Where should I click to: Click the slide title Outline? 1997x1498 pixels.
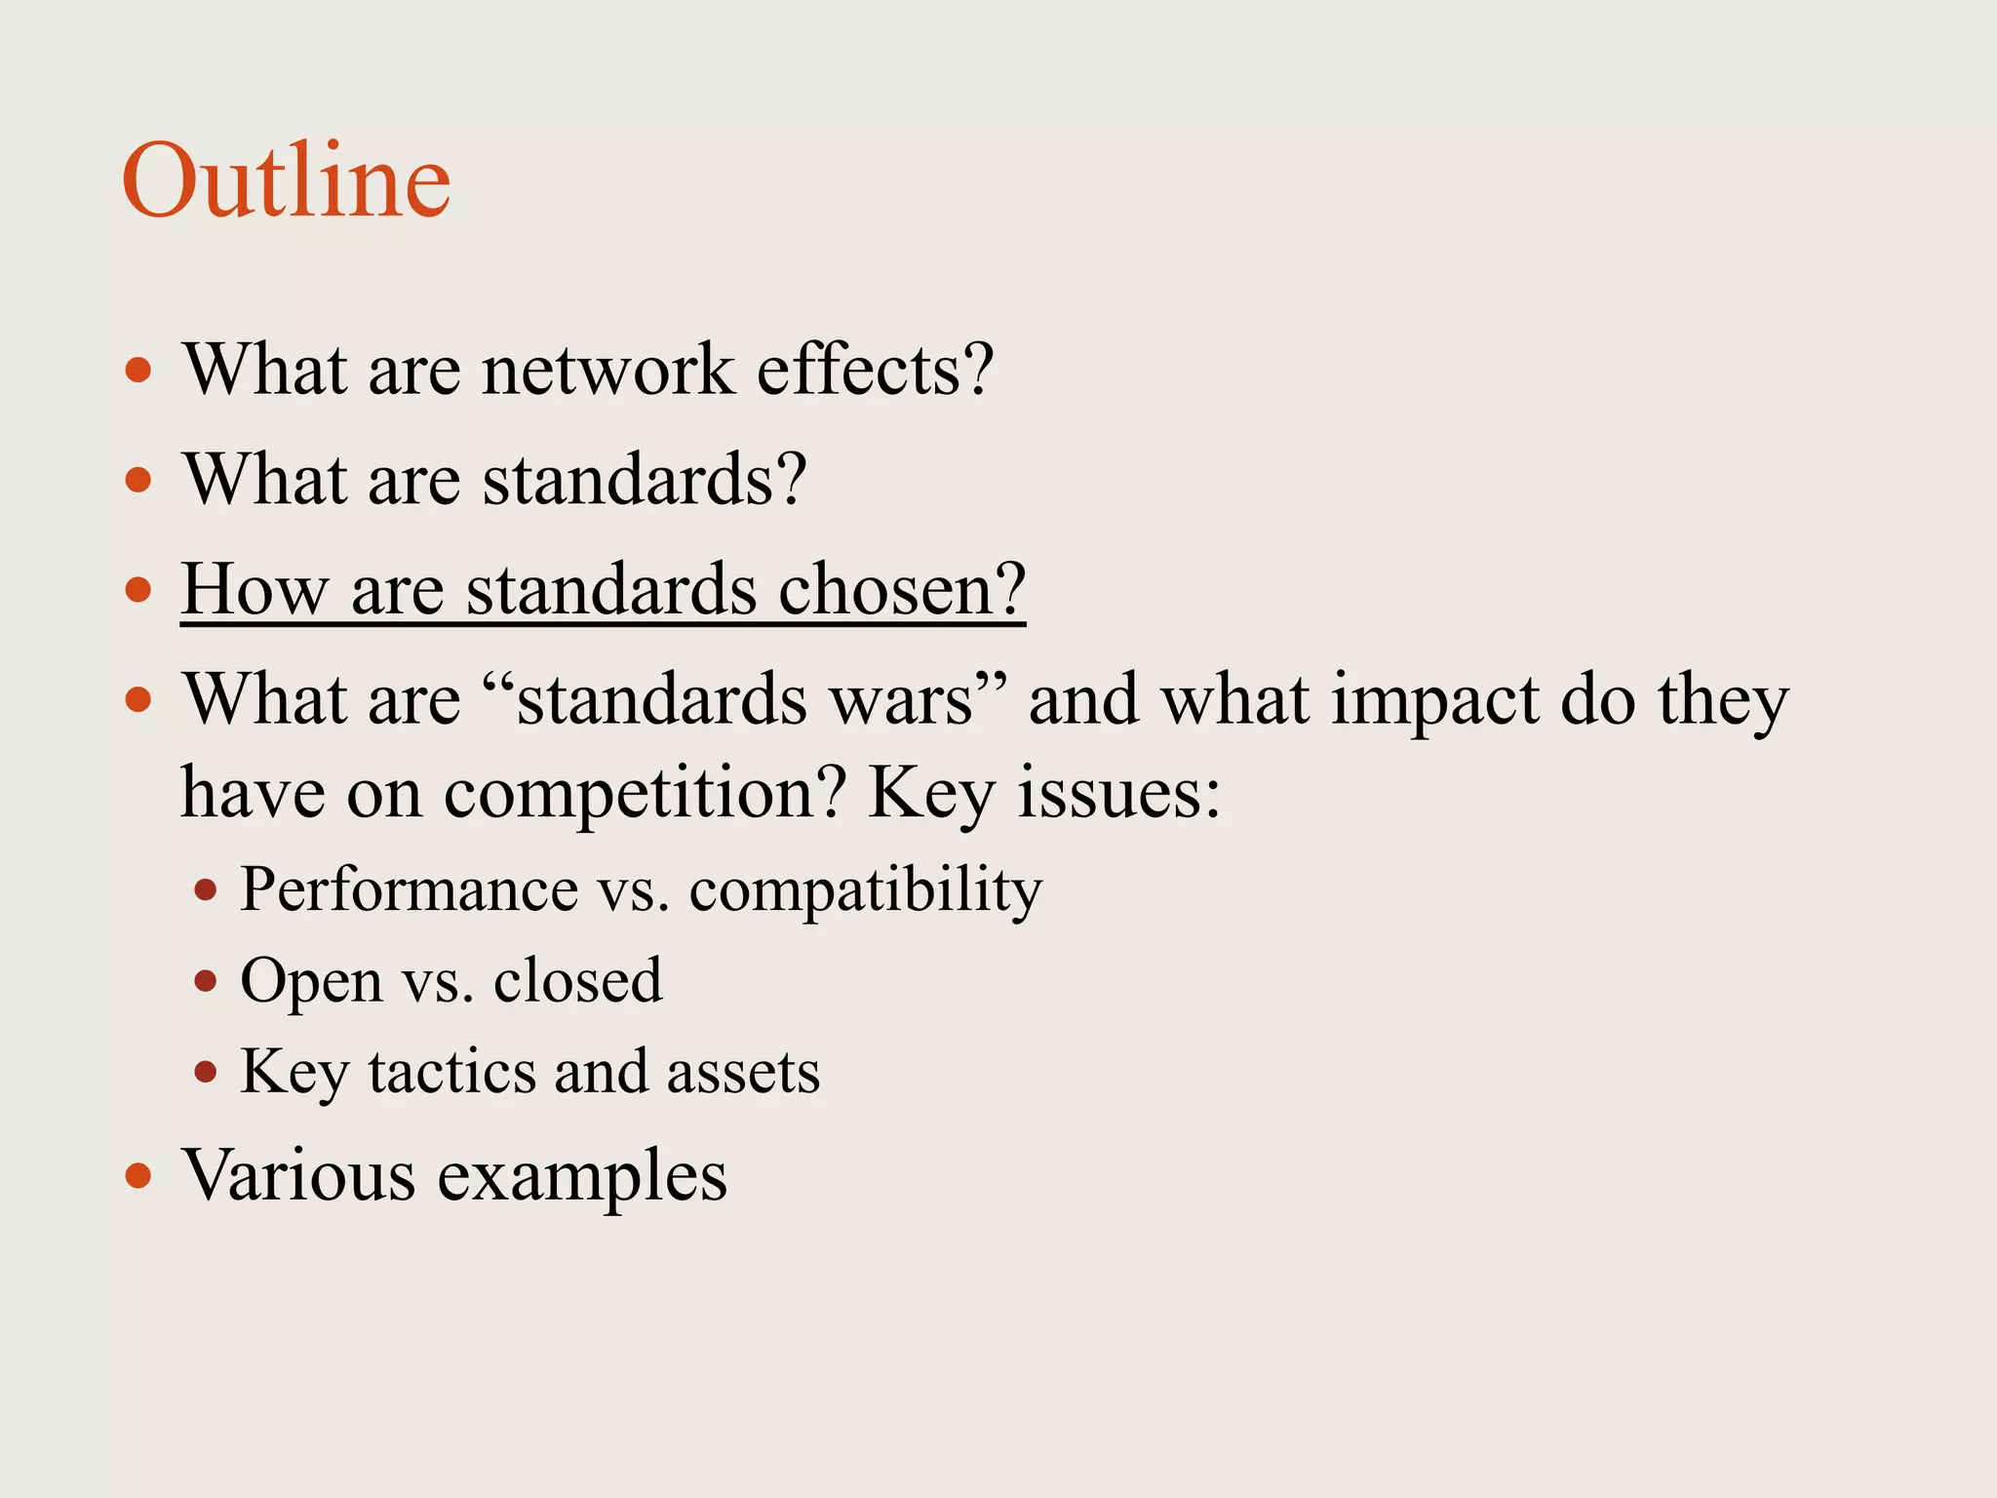(x=286, y=180)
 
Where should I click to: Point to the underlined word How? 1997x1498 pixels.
(x=254, y=589)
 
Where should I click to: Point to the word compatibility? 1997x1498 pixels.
(x=866, y=889)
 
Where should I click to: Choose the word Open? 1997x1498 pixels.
(x=311, y=980)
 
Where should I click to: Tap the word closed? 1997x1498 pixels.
(x=577, y=980)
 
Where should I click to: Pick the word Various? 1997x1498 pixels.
(x=299, y=1174)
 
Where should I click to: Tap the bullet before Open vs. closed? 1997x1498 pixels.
(x=205, y=981)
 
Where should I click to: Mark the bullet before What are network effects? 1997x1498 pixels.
(x=138, y=371)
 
